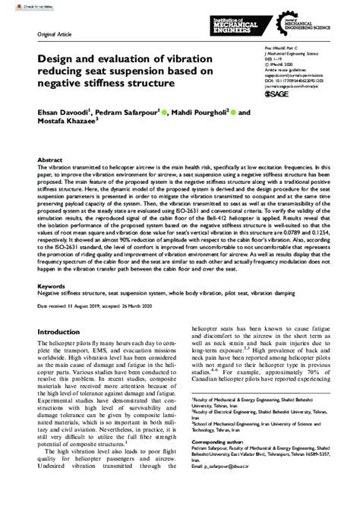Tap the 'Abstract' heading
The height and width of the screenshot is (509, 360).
pos(49,161)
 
